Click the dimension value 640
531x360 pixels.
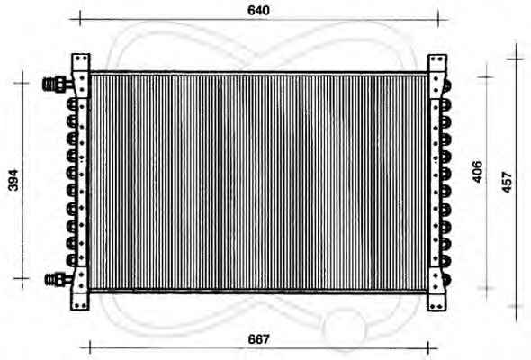(x=258, y=11)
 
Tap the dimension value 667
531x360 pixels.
(x=258, y=339)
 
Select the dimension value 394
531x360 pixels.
(x=13, y=180)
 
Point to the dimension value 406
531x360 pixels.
(x=477, y=172)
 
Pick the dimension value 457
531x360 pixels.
(x=507, y=183)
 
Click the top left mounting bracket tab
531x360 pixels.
(x=81, y=62)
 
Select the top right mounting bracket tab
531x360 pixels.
(x=437, y=63)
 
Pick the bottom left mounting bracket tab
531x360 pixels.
(x=80, y=301)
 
